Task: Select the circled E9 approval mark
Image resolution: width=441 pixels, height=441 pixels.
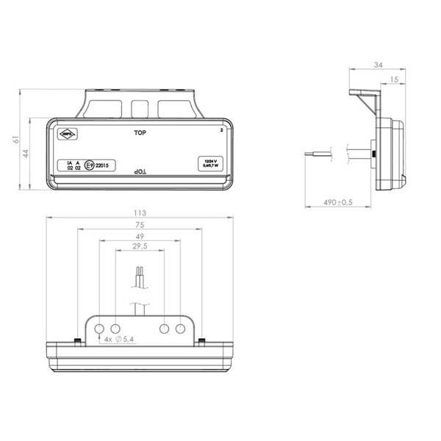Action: coord(90,165)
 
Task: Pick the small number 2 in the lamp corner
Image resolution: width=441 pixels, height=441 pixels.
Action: coord(220,129)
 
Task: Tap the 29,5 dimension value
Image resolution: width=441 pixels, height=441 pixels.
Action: coord(139,248)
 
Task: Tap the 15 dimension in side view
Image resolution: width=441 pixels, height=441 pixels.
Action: coord(395,78)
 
